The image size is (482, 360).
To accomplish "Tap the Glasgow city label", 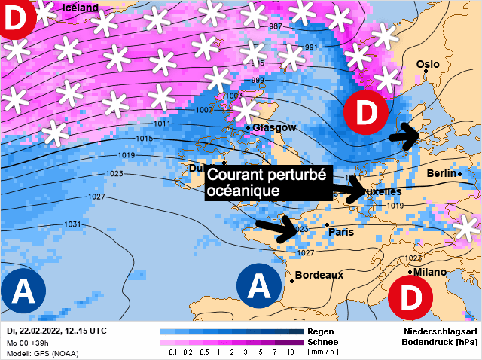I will pos(274,128).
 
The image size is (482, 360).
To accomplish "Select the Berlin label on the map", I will pos(441,174).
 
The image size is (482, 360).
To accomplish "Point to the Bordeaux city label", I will pos(319,275).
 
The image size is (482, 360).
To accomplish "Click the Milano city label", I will pos(430,272).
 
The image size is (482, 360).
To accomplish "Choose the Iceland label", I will pos(81,8).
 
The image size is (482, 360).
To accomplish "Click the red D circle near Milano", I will pos(411,297).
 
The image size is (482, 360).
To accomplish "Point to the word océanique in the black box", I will pos(243,191).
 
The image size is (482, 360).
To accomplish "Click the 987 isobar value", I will pos(276,27).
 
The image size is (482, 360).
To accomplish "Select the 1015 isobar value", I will pos(145,139).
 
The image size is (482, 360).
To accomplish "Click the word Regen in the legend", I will pos(321,331).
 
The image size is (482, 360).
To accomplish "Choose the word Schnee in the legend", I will pos(323,342).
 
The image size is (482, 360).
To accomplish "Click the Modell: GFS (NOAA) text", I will pos(42,353).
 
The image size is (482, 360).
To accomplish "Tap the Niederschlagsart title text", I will pos(439,331).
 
